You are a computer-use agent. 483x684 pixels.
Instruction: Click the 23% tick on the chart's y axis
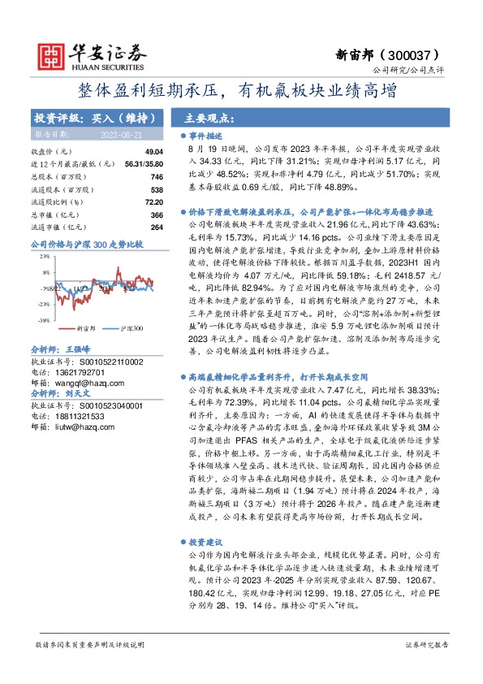(x=43, y=256)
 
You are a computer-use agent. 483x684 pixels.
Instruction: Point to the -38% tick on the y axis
(x=42, y=321)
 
